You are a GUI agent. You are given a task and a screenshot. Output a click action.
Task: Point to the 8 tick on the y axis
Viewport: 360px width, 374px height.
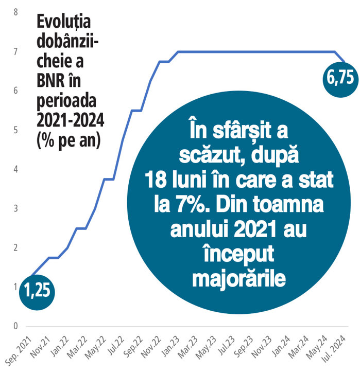pyautogui.click(x=15, y=12)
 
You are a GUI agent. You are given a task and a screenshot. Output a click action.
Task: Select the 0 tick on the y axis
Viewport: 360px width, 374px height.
pyautogui.click(x=15, y=326)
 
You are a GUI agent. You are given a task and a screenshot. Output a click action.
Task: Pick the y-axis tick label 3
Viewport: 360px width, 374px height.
pyautogui.click(x=15, y=208)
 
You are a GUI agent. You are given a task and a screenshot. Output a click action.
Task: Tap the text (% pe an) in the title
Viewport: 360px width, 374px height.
pyautogui.click(x=67, y=140)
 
